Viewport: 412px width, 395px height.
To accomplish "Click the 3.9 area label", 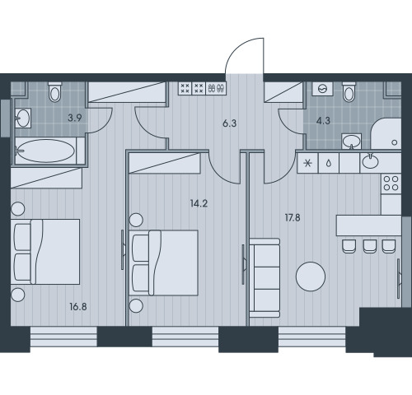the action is coord(75,118).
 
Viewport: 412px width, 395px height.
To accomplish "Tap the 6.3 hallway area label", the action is coord(229,123).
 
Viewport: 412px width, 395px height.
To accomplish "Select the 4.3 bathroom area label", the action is coord(323,120).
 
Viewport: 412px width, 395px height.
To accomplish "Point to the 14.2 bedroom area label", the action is coord(199,203).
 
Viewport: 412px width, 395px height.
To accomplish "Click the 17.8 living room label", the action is coord(293,218).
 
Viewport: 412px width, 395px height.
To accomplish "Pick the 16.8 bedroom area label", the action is coord(78,307).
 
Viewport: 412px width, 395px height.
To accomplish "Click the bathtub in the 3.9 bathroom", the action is coord(46,151).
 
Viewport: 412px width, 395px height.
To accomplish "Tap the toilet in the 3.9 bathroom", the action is coord(55,92).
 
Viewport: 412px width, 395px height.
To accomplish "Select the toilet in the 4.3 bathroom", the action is coord(349,91).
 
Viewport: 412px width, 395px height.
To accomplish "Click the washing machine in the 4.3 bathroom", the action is coord(323,89).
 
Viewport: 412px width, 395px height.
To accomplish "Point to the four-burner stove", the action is coord(391,184).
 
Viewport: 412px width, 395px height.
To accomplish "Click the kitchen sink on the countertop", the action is coord(370,161).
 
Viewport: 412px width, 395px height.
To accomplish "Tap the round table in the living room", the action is coord(311,276).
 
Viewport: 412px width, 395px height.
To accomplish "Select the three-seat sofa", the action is coord(265,278).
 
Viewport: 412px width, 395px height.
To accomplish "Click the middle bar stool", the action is coord(370,246).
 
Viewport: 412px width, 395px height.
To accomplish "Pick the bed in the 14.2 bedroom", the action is coord(165,263).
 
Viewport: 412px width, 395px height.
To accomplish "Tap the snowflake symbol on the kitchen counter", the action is coord(308,164).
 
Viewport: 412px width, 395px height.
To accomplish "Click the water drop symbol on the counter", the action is coord(329,164).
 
